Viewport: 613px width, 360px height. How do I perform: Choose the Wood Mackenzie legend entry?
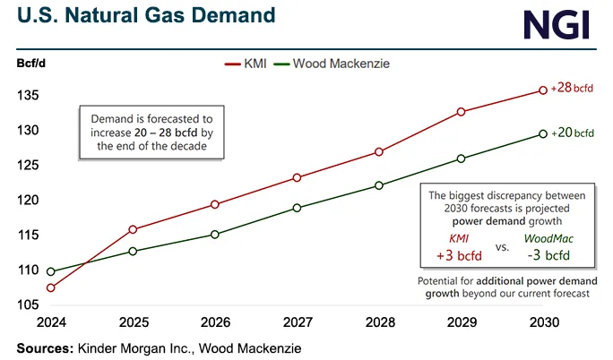pos(336,64)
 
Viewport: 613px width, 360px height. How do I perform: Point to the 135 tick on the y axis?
pos(26,96)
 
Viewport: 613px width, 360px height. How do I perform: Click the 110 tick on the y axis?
pos(26,270)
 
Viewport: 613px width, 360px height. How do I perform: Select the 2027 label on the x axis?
pos(297,321)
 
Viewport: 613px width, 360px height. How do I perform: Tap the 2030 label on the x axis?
pos(543,321)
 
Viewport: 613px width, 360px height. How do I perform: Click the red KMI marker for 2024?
pos(50,287)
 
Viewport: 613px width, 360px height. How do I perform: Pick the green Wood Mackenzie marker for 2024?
pos(50,271)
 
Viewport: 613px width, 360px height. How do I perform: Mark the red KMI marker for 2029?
pos(461,112)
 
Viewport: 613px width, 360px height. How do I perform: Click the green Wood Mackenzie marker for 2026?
pos(214,235)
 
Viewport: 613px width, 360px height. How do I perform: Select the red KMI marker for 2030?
pos(543,90)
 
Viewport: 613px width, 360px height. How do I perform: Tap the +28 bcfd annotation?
pos(574,87)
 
